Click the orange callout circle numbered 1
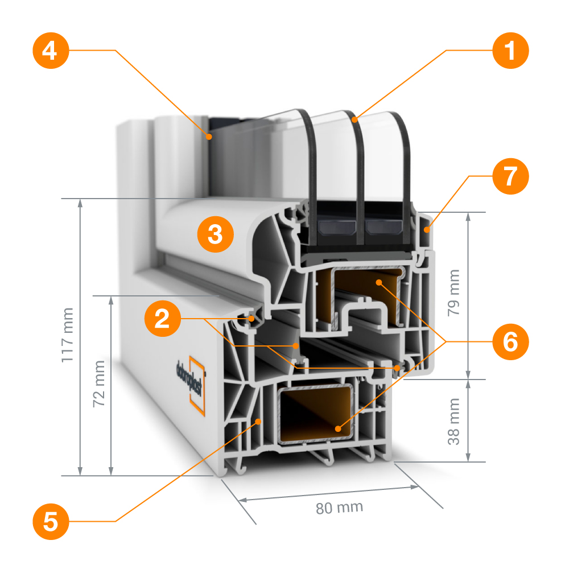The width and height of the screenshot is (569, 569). pos(510,51)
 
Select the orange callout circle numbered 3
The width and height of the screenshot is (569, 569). pos(215,234)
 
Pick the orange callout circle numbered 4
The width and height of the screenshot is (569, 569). pos(50,51)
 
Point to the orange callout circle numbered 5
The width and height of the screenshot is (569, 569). pos(50,521)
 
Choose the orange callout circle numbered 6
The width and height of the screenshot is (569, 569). pos(510,342)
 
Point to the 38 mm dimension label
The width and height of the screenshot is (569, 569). pos(453,421)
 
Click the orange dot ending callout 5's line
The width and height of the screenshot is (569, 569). pos(259,422)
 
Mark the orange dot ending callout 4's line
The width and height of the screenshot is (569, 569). pos(209,137)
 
